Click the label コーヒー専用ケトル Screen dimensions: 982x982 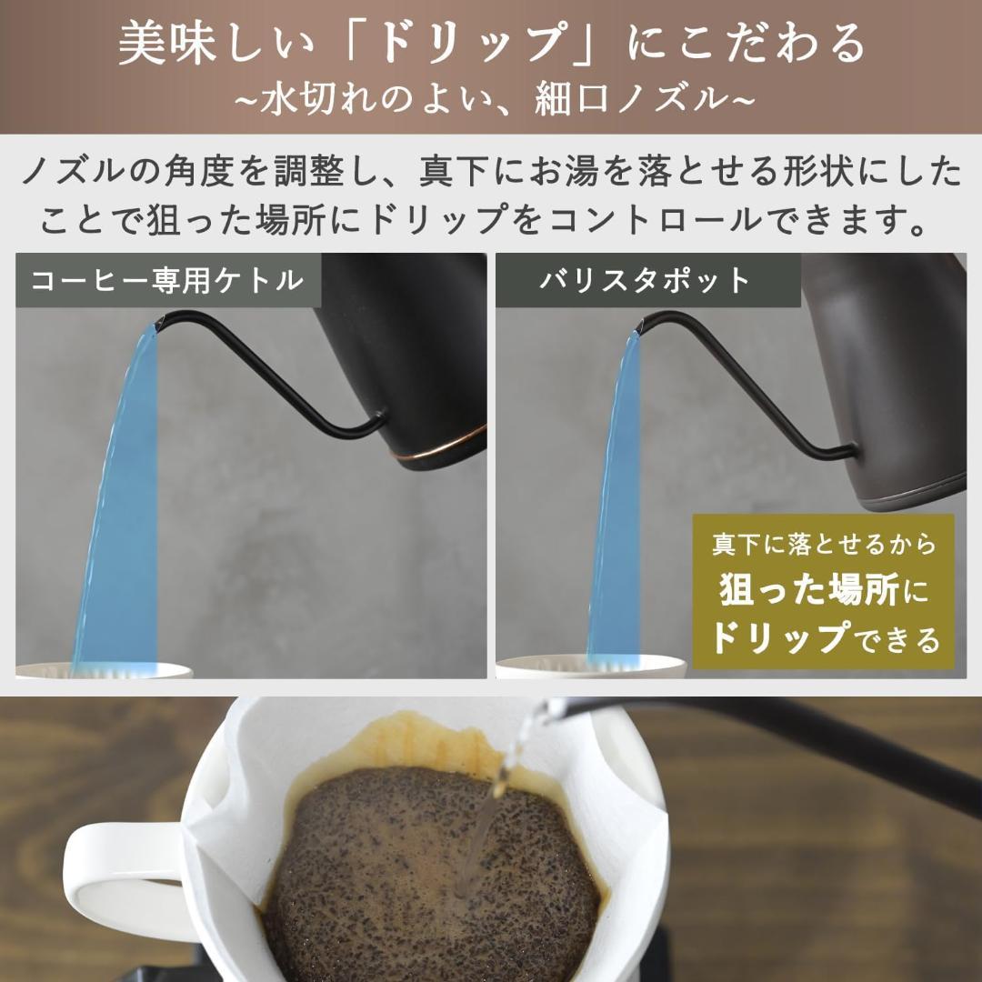(167, 280)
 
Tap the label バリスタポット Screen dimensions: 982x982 (646, 280)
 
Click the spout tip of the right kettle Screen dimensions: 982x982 (641, 323)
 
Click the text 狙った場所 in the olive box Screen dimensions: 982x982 (809, 591)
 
